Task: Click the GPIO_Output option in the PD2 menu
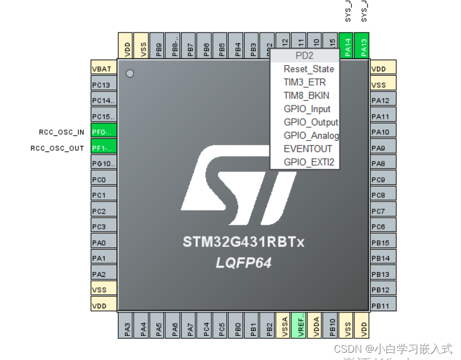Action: [x=311, y=122]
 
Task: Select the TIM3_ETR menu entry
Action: [x=305, y=82]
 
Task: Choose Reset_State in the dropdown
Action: [x=309, y=69]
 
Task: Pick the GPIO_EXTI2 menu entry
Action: [x=309, y=162]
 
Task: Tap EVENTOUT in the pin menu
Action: [x=308, y=149]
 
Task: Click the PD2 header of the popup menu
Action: [x=305, y=56]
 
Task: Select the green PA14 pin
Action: [x=348, y=45]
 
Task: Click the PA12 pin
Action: [x=383, y=101]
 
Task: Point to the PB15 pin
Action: [x=383, y=243]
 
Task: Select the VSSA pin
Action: [x=285, y=325]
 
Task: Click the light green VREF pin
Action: [x=300, y=325]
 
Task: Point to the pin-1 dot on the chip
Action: [x=130, y=73]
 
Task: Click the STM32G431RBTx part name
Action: [x=243, y=243]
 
